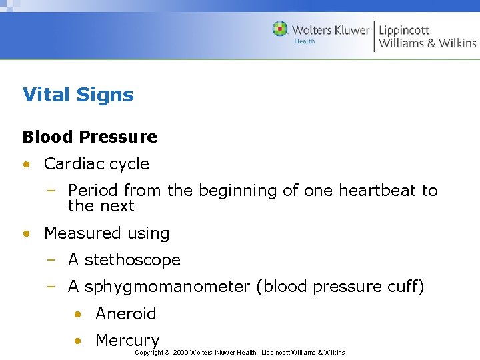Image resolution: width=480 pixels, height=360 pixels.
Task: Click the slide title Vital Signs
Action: click(78, 95)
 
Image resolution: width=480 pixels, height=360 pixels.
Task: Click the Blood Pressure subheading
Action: click(90, 137)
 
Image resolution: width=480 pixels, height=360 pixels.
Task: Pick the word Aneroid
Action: click(125, 313)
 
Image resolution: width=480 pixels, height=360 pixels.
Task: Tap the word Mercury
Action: click(127, 340)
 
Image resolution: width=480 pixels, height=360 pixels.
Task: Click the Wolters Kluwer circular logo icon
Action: click(280, 29)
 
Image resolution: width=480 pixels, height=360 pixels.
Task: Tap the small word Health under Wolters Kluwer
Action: click(304, 41)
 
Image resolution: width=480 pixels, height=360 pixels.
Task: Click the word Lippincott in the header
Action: click(404, 30)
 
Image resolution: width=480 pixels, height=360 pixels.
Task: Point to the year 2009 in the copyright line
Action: click(180, 352)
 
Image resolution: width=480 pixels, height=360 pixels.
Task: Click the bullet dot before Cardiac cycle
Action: click(25, 164)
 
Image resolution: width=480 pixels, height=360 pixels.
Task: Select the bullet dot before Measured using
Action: click(25, 233)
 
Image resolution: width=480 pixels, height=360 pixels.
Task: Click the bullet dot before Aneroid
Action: click(78, 313)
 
